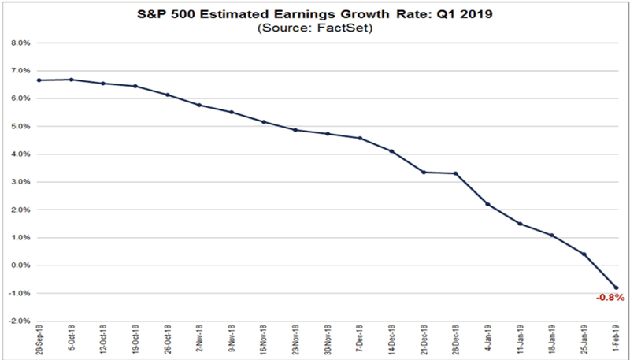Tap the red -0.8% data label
(x=610, y=298)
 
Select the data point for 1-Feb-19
(x=617, y=288)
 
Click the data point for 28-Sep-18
(x=39, y=80)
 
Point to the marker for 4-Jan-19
(x=488, y=204)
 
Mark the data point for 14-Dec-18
(x=392, y=151)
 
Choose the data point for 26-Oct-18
(x=168, y=95)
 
